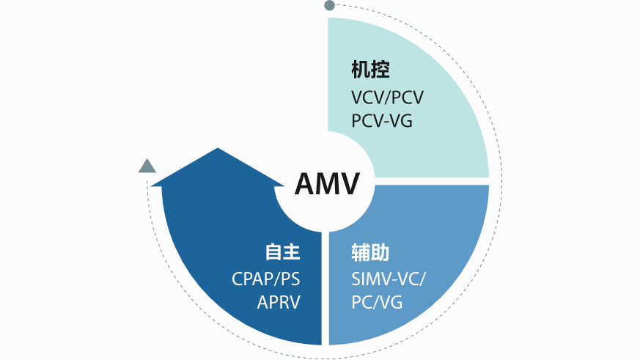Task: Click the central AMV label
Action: pyautogui.click(x=327, y=183)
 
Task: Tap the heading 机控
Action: pyautogui.click(x=370, y=70)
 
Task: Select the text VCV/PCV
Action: pyautogui.click(x=387, y=98)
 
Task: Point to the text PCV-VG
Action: pyautogui.click(x=381, y=120)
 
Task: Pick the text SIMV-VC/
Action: pyautogui.click(x=388, y=279)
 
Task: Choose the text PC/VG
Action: pyautogui.click(x=377, y=301)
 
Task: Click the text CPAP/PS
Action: pyautogui.click(x=265, y=279)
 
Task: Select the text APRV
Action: pyautogui.click(x=279, y=301)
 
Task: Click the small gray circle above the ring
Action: pyautogui.click(x=329, y=6)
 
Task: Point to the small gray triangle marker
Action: pyautogui.click(x=147, y=166)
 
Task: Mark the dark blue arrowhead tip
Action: pyautogui.click(x=218, y=150)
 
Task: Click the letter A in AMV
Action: pyautogui.click(x=306, y=183)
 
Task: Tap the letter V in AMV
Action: pyautogui.click(x=349, y=183)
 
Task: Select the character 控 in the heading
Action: pyautogui.click(x=380, y=70)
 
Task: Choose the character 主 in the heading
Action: pyautogui.click(x=293, y=253)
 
